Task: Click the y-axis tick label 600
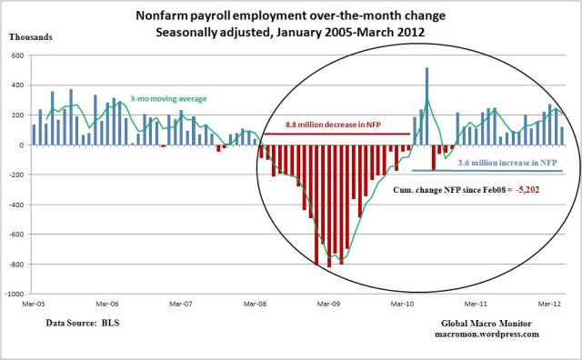[x=17, y=55]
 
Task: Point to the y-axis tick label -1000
[x=14, y=295]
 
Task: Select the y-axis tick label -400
[x=15, y=205]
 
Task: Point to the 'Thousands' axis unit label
[x=31, y=37]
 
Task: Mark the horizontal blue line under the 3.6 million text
[x=491, y=171]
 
